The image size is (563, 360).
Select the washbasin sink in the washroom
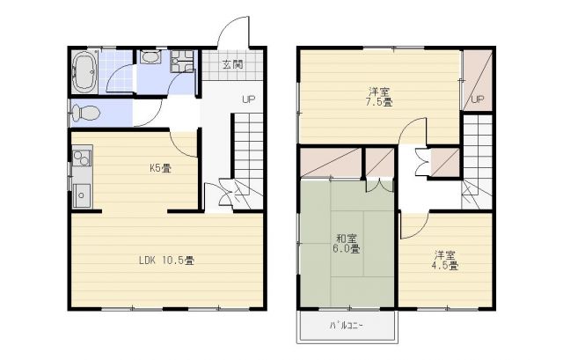(x=150, y=59)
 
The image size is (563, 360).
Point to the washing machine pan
(x=183, y=62)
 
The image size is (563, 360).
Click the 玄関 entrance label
(x=231, y=64)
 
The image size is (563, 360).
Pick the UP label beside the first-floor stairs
(x=249, y=99)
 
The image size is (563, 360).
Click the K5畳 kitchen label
(x=159, y=167)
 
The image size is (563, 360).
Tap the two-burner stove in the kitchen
(x=81, y=158)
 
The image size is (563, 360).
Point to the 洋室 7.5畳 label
(x=380, y=96)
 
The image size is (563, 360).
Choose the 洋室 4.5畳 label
(x=445, y=260)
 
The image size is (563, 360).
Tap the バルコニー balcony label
(x=347, y=325)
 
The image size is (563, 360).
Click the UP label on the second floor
(x=478, y=99)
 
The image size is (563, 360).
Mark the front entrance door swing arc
(x=230, y=30)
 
